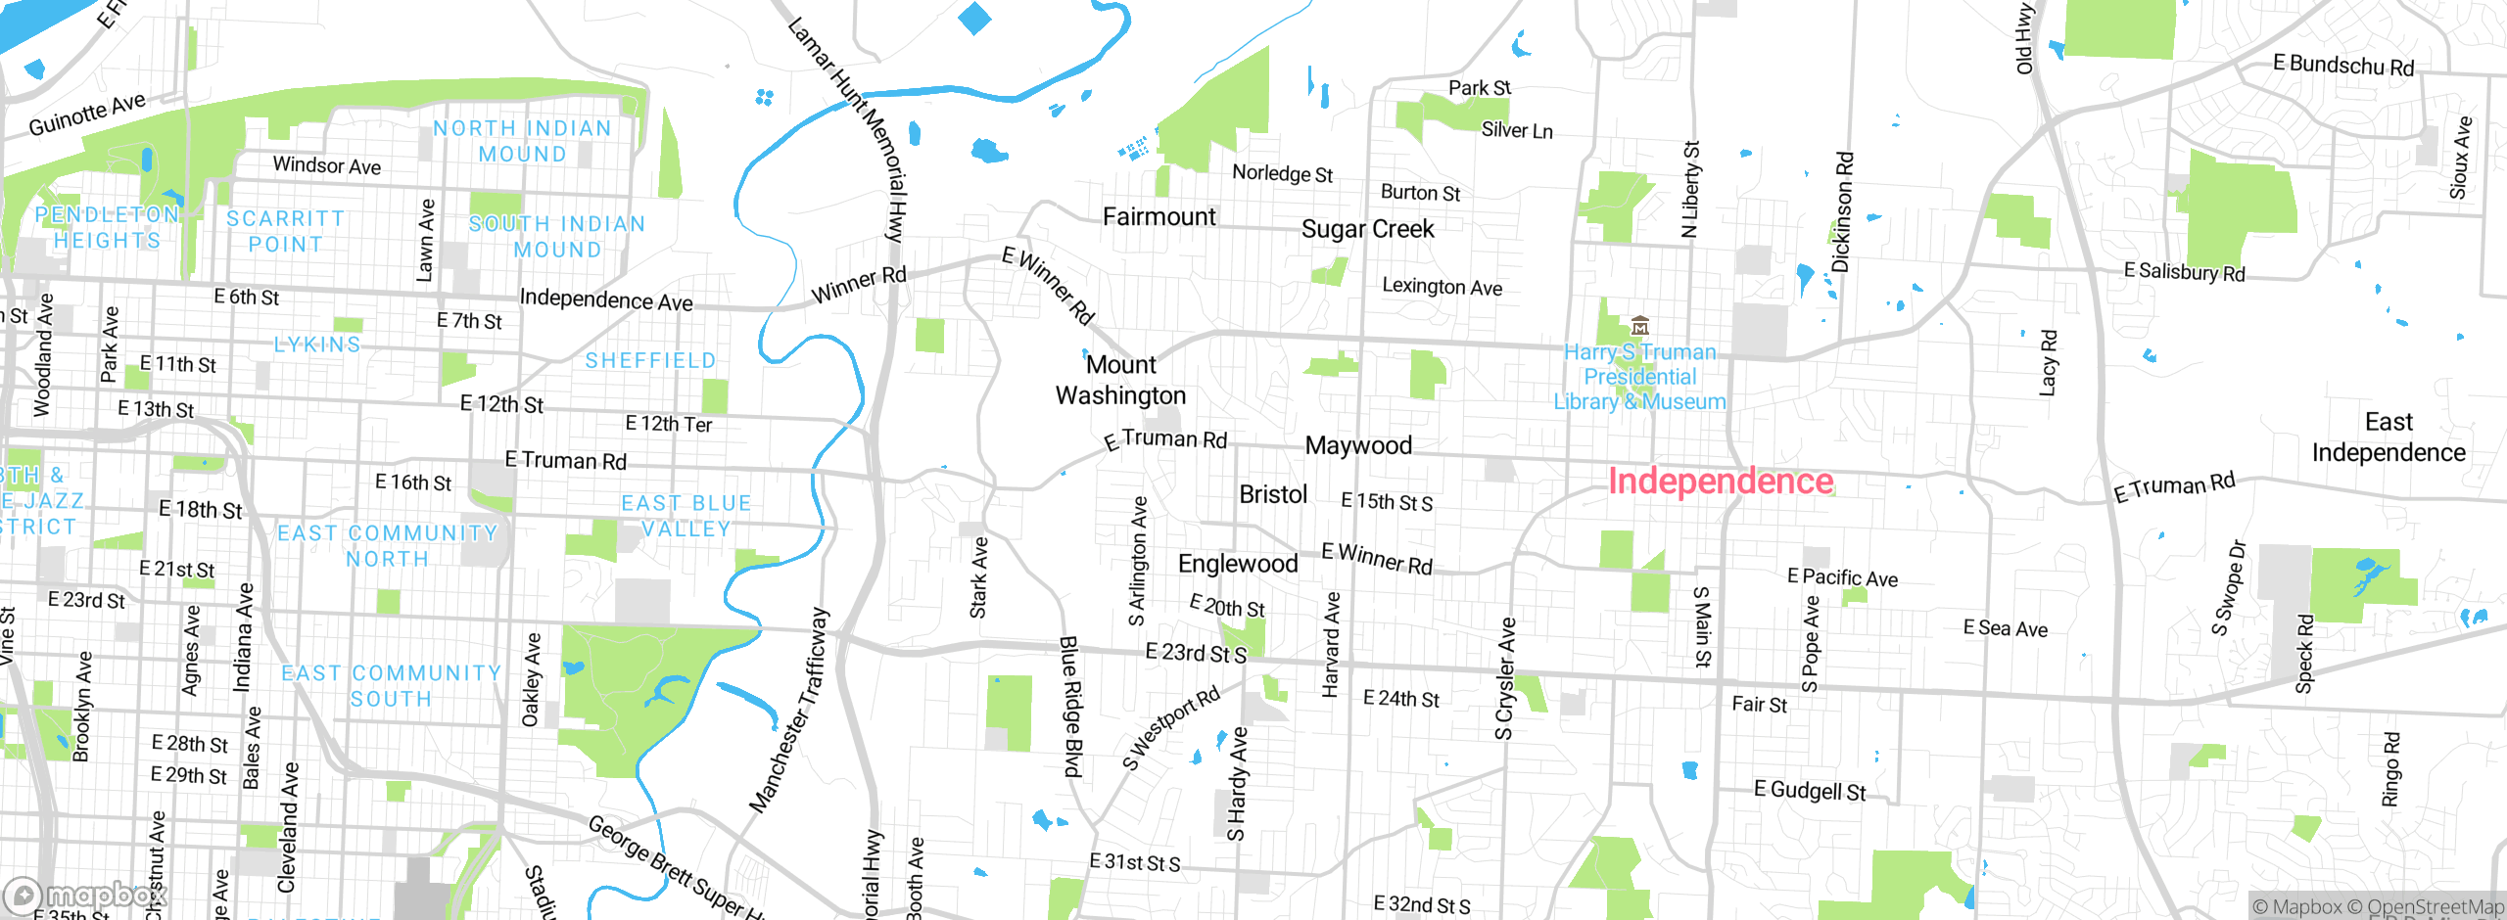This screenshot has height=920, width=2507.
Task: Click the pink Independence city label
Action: (x=1721, y=482)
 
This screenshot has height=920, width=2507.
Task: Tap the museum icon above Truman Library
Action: (x=1640, y=326)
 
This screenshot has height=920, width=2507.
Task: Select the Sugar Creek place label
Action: (x=1367, y=229)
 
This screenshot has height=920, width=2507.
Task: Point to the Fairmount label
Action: (x=1159, y=216)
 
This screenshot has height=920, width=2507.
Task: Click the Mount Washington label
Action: (x=1120, y=380)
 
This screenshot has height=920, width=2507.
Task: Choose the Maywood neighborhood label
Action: (x=1358, y=446)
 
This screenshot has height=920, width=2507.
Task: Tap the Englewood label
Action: (x=1238, y=564)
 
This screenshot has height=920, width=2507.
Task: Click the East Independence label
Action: (x=2389, y=437)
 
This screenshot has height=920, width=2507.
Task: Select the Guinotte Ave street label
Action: (x=87, y=115)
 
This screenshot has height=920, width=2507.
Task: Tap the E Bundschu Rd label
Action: (x=2343, y=66)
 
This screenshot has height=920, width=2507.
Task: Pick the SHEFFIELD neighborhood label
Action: (x=650, y=361)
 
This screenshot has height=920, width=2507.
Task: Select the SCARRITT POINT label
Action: (x=285, y=231)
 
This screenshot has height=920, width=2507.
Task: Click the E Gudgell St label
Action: (x=1810, y=790)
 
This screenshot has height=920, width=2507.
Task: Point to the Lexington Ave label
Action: (x=1442, y=287)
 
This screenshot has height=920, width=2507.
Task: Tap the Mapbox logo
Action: (x=84, y=896)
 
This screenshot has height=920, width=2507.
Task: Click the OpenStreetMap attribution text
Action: (x=2436, y=907)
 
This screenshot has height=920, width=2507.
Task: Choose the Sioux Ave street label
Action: (x=2460, y=159)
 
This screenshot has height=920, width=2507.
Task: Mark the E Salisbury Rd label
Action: (x=2184, y=271)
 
